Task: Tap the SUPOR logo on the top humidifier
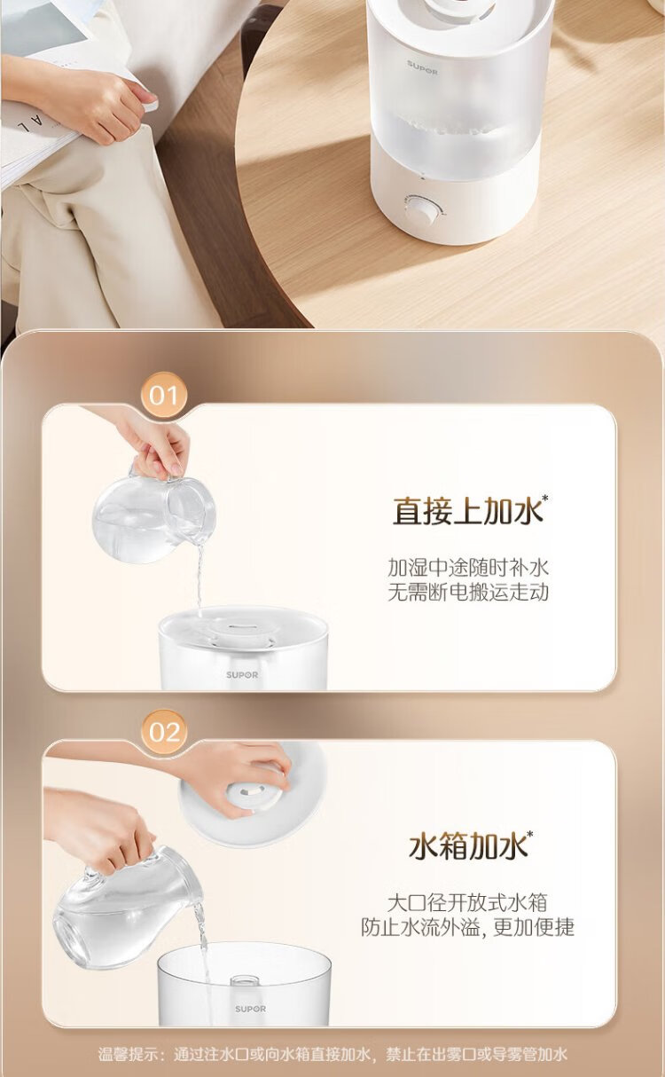point(422,67)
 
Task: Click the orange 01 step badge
point(164,395)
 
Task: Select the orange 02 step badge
point(164,732)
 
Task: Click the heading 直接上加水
point(467,511)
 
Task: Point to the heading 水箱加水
point(468,846)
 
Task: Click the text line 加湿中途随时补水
point(468,568)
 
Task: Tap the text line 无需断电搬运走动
point(468,592)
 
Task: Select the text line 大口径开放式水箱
point(467,903)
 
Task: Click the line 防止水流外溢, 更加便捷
point(467,927)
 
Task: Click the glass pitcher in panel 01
point(154,514)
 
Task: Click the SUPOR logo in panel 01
point(242,675)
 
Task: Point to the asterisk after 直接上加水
point(545,498)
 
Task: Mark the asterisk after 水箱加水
point(530,834)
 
